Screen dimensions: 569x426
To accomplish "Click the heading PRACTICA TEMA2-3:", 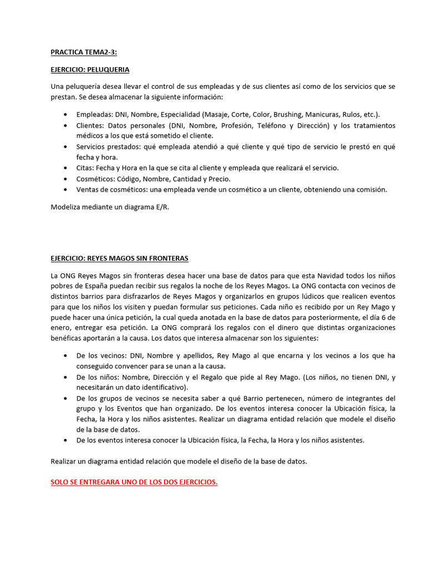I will coord(84,53).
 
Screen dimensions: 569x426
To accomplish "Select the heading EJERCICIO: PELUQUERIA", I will coord(90,69).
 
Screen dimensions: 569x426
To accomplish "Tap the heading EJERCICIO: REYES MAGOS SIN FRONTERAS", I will coord(119,258).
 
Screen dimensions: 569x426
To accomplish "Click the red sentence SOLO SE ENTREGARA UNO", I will coord(134,482).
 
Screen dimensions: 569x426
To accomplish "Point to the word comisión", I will coord(369,189).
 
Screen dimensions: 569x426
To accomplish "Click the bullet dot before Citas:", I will coord(66,168).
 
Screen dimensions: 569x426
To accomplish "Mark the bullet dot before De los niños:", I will coord(66,377).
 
